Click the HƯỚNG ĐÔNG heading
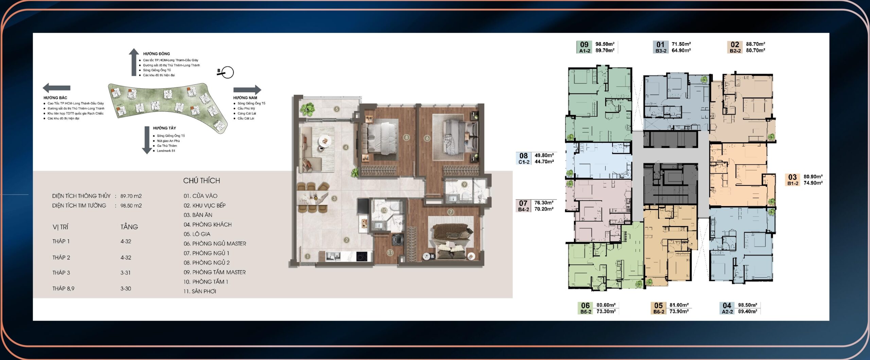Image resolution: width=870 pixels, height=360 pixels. [156, 54]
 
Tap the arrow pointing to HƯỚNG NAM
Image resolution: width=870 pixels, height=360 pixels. [247, 90]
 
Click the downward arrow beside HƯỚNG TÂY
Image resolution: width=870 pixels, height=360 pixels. [147, 140]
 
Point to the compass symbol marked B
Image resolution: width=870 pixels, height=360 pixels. [225, 72]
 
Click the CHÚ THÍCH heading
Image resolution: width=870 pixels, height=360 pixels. [202, 181]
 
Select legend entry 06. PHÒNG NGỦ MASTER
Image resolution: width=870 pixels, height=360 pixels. [215, 243]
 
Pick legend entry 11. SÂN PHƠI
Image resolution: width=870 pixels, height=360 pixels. [200, 291]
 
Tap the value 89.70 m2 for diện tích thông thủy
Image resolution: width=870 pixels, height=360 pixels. [131, 196]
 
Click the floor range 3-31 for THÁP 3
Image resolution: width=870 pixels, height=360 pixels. [125, 273]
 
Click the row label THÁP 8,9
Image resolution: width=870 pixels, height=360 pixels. [63, 289]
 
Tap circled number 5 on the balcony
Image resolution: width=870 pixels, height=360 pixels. [336, 109]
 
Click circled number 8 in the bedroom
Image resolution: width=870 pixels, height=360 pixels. [406, 137]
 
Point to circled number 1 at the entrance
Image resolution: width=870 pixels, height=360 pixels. [307, 256]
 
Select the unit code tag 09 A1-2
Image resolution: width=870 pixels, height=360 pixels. [585, 47]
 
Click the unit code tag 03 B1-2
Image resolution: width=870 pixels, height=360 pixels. [793, 180]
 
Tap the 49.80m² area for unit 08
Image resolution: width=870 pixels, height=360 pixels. [544, 155]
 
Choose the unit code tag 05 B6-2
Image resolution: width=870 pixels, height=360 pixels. [659, 308]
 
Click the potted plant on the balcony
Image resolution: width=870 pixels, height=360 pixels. [308, 109]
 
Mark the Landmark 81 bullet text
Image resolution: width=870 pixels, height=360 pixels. [166, 151]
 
